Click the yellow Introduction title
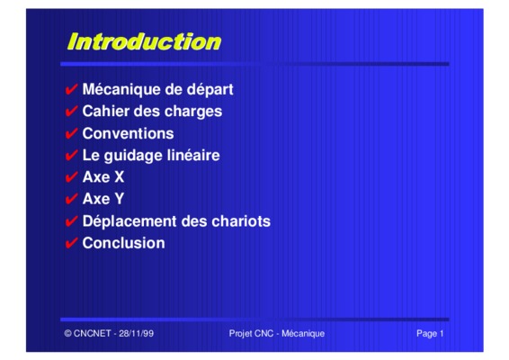pyautogui.click(x=144, y=41)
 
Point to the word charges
pyautogui.click(x=193, y=112)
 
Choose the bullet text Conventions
pyautogui.click(x=128, y=133)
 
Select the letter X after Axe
pyautogui.click(x=119, y=177)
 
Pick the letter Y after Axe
pyautogui.click(x=119, y=199)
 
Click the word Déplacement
pyautogui.click(x=129, y=221)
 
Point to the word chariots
pyautogui.click(x=241, y=221)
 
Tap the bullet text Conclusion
pyautogui.click(x=124, y=243)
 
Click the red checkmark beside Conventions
pyautogui.click(x=71, y=133)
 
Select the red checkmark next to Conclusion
pyautogui.click(x=71, y=243)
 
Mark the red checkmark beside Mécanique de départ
pyautogui.click(x=71, y=89)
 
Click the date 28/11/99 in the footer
pyautogui.click(x=136, y=333)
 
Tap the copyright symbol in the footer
pyautogui.click(x=67, y=333)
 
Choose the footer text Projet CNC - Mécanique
pyautogui.click(x=277, y=333)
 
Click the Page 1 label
pyautogui.click(x=430, y=334)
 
